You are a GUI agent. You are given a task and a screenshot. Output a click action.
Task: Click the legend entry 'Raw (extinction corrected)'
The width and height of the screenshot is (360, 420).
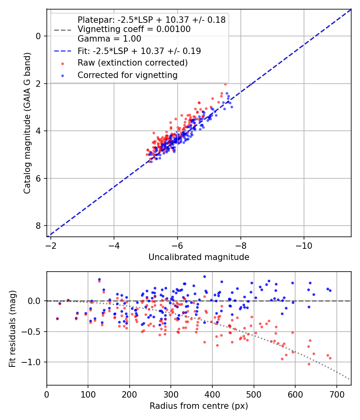(132, 63)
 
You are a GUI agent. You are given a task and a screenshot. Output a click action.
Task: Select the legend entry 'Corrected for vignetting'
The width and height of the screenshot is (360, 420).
(127, 75)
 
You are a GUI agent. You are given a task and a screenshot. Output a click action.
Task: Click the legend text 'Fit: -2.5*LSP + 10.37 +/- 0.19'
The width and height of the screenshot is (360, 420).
(139, 51)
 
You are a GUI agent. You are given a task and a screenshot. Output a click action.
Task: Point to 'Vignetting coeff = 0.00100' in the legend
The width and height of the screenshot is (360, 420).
(134, 29)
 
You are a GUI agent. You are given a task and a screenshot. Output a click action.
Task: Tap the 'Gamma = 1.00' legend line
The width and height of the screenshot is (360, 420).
(109, 39)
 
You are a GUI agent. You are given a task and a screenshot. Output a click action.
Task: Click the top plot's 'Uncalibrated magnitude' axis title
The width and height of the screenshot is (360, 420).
(199, 257)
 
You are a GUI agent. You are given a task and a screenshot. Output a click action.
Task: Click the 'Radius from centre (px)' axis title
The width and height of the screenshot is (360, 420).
(199, 406)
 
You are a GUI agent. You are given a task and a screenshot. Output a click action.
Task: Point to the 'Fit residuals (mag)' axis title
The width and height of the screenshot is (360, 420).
(12, 328)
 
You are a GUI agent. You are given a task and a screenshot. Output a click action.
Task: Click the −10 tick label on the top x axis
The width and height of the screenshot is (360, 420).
(304, 244)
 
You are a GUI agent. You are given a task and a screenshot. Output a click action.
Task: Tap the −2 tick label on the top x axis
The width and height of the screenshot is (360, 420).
(51, 244)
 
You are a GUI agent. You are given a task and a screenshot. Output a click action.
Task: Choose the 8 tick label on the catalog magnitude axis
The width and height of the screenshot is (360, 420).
(38, 226)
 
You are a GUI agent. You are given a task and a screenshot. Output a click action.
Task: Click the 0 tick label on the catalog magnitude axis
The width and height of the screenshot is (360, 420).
(38, 36)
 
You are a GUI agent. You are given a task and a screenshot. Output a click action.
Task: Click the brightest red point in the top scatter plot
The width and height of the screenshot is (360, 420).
(225, 84)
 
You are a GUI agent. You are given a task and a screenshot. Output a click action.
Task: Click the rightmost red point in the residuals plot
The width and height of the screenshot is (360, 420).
(330, 358)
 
